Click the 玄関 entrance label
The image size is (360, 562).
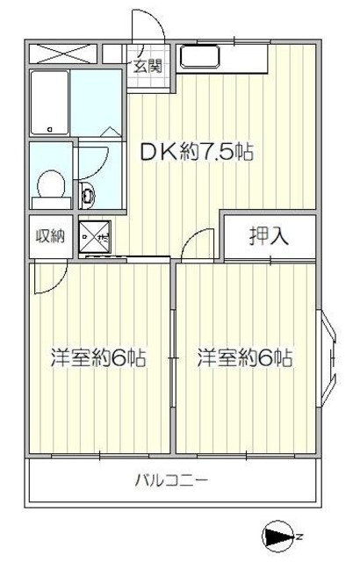tap(148, 67)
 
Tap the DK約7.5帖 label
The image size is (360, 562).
tap(198, 152)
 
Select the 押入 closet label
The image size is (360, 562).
tap(268, 235)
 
